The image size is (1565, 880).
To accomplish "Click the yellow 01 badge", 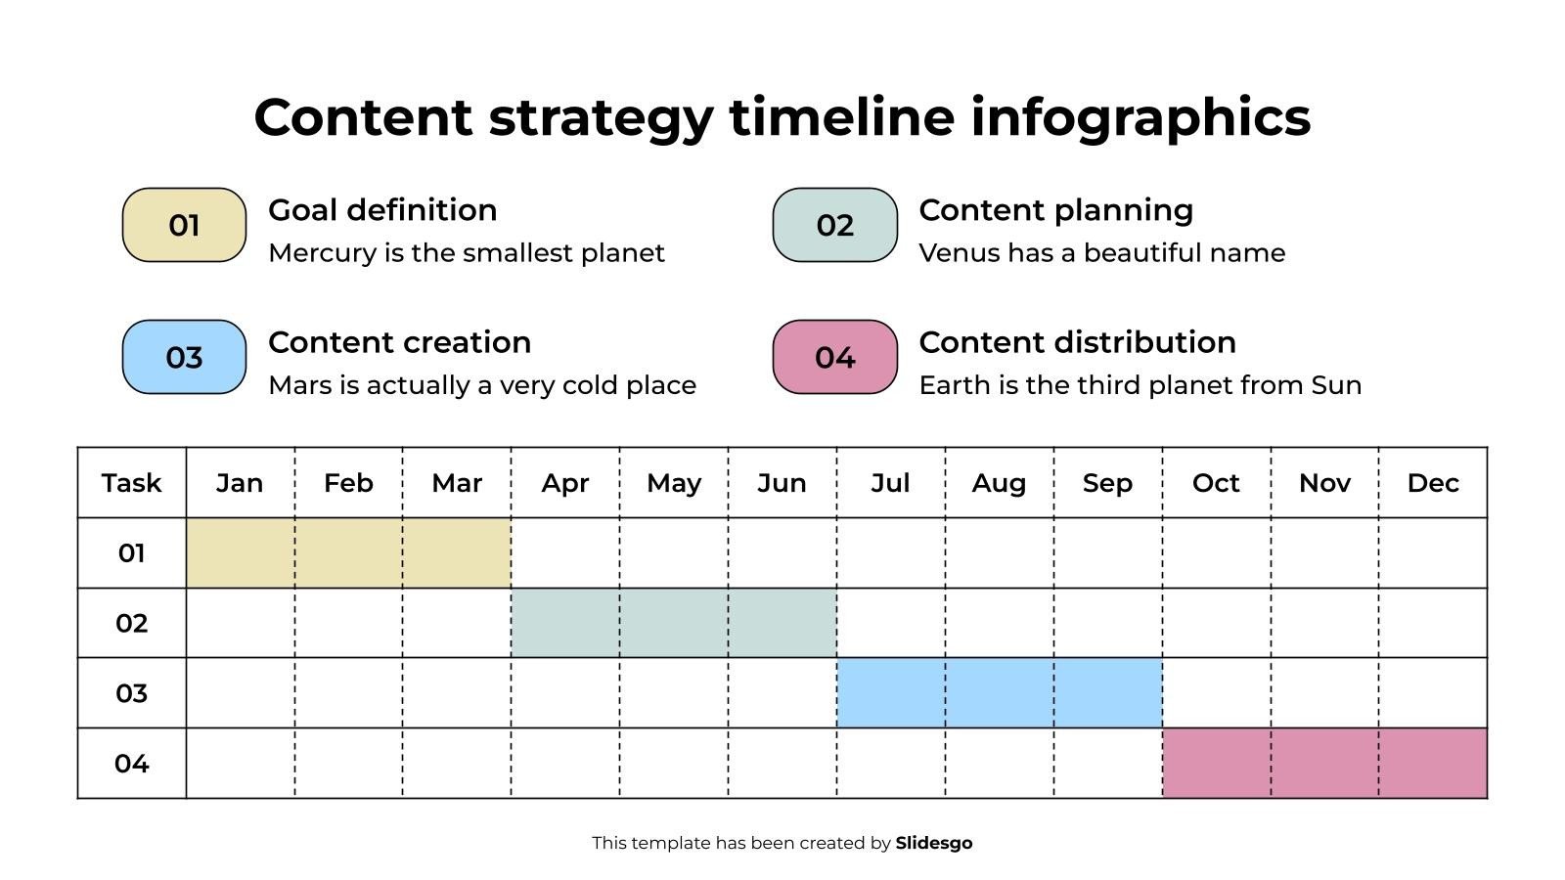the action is [184, 225].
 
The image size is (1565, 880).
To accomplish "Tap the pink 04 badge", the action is [835, 357].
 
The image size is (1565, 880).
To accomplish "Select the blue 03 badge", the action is [184, 357].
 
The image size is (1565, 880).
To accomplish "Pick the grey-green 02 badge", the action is [835, 225].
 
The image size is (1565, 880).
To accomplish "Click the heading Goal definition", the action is [382, 210].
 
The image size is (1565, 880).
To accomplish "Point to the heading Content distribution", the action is [1077, 342].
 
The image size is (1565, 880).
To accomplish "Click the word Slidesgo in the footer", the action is [933, 843].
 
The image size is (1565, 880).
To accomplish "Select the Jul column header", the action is [890, 483].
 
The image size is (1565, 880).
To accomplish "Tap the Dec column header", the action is [1433, 483].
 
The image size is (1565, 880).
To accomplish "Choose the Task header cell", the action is [131, 483].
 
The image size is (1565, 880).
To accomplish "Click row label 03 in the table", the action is [131, 693].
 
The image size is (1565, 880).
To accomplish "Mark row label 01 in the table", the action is [131, 553].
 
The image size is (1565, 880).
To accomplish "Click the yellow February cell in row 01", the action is [348, 552].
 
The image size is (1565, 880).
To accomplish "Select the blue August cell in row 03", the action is [999, 693].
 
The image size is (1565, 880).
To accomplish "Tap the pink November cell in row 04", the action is [1324, 763].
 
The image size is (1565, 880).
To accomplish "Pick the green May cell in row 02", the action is [674, 622].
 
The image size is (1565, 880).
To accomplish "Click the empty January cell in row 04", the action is [241, 763].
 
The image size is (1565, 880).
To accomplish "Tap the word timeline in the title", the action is [842, 117].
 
